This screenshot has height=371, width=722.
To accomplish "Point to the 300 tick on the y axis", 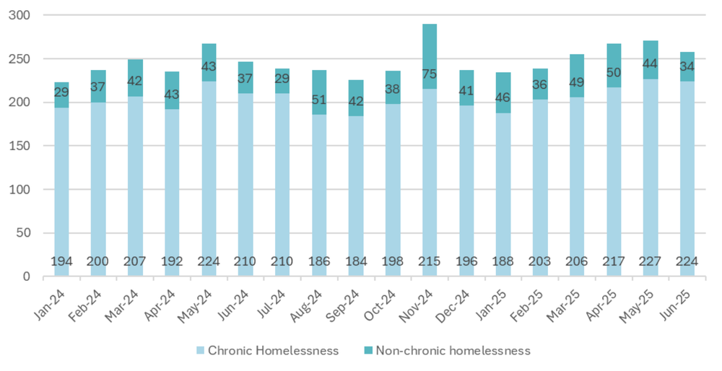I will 30,15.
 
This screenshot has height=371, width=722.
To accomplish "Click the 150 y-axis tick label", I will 30,146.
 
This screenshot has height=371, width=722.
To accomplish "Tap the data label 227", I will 651,261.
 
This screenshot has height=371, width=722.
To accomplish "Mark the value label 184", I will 356,261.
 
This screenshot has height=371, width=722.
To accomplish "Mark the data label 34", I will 687,67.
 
